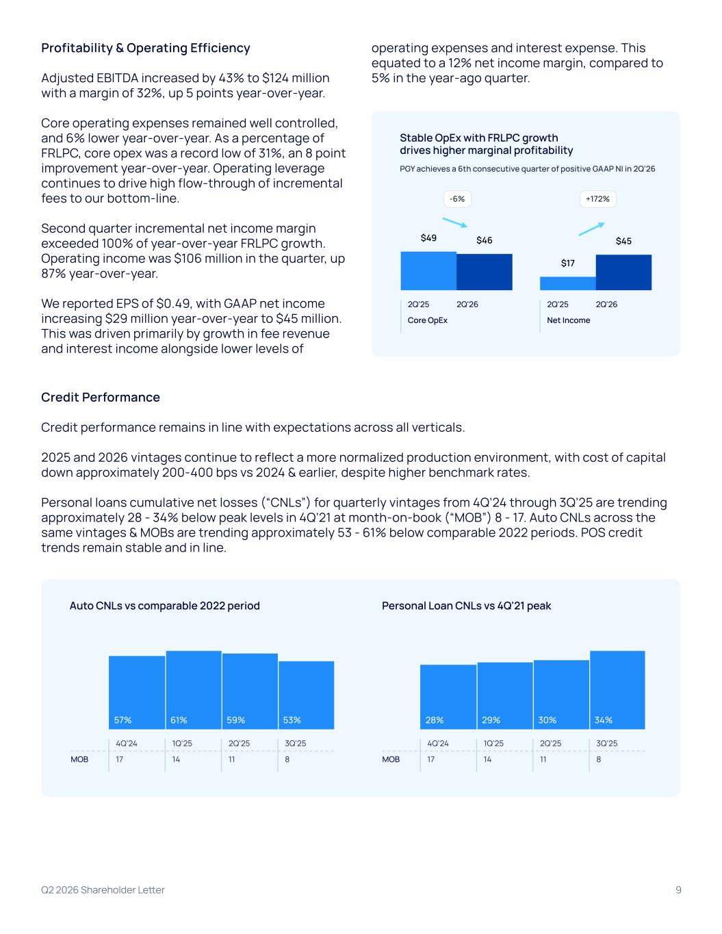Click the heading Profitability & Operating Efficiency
pyautogui.click(x=145, y=48)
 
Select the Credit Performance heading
pyautogui.click(x=101, y=397)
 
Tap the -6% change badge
pyautogui.click(x=457, y=199)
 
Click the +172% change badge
pyautogui.click(x=597, y=199)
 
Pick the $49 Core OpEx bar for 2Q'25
pyautogui.click(x=428, y=271)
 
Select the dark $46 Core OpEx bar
pyautogui.click(x=485, y=272)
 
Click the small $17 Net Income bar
pyautogui.click(x=568, y=284)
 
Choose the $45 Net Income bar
pyautogui.click(x=623, y=272)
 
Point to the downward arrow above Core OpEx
pyautogui.click(x=454, y=222)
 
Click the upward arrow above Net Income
pyautogui.click(x=592, y=229)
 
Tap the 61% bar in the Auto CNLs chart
pyautogui.click(x=194, y=690)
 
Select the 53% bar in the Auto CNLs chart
pyautogui.click(x=306, y=695)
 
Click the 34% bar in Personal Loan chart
pyautogui.click(x=617, y=690)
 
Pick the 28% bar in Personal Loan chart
pyautogui.click(x=448, y=697)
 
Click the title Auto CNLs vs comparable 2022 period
pyautogui.click(x=165, y=606)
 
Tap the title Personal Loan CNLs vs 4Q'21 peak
pyautogui.click(x=466, y=606)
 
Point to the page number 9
pyautogui.click(x=679, y=890)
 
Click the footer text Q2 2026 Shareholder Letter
pyautogui.click(x=103, y=890)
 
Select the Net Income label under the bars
pyautogui.click(x=568, y=320)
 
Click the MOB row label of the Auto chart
pyautogui.click(x=79, y=760)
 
